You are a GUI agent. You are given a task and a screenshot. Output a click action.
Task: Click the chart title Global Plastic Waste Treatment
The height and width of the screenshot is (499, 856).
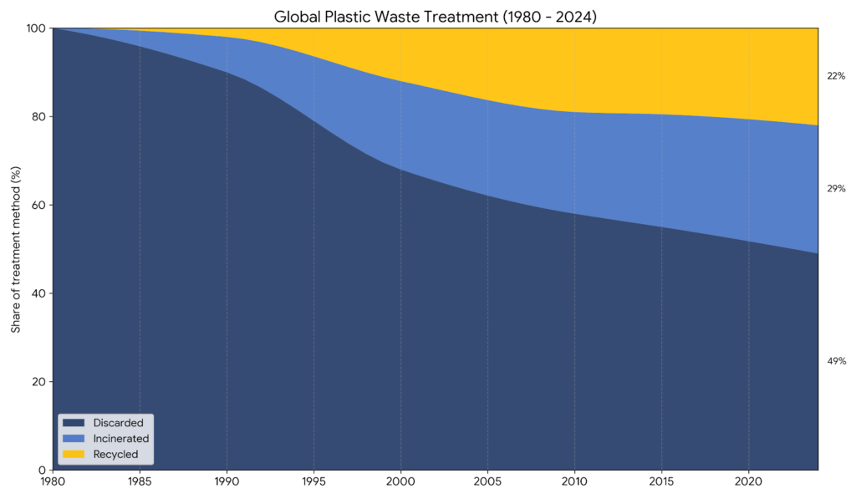tap(435, 16)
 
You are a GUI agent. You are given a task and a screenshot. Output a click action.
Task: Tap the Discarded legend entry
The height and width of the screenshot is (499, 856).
tap(118, 423)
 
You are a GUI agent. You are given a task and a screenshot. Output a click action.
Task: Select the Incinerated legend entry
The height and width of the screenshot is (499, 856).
tap(121, 438)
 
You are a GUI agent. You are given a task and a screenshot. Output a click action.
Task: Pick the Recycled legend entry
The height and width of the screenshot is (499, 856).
tap(115, 454)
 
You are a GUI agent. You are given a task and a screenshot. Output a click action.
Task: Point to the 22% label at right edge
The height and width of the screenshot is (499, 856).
tap(836, 76)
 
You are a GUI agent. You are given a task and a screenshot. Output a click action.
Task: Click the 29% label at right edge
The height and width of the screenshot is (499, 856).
tap(836, 189)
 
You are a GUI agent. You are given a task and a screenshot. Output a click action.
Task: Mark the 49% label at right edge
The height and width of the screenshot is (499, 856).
tap(836, 361)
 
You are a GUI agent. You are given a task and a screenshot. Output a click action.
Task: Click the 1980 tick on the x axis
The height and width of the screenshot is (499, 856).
tap(53, 481)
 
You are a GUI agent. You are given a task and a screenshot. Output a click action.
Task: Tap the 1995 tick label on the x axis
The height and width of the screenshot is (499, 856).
tap(313, 481)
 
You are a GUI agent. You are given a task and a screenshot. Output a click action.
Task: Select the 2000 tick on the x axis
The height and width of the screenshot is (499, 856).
tap(400, 481)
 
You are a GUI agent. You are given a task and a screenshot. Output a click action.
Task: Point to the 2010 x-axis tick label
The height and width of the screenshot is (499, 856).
tap(574, 481)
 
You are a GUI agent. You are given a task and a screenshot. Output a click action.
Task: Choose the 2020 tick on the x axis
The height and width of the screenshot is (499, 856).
tap(748, 481)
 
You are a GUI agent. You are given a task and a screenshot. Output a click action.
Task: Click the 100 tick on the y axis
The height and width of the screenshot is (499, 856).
tap(35, 28)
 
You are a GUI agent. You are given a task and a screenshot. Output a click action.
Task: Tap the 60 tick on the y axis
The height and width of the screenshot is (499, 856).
tap(38, 206)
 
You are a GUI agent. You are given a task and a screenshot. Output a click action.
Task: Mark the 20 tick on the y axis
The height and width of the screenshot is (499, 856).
tap(38, 382)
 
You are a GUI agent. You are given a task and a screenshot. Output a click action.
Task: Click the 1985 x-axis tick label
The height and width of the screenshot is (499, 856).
tap(140, 481)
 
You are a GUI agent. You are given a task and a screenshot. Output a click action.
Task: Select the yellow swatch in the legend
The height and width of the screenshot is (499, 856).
tap(74, 454)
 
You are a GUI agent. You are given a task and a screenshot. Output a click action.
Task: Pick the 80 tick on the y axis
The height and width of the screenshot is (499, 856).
tap(38, 117)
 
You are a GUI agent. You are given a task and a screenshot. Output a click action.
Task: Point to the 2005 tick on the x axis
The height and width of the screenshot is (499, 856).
tap(487, 481)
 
